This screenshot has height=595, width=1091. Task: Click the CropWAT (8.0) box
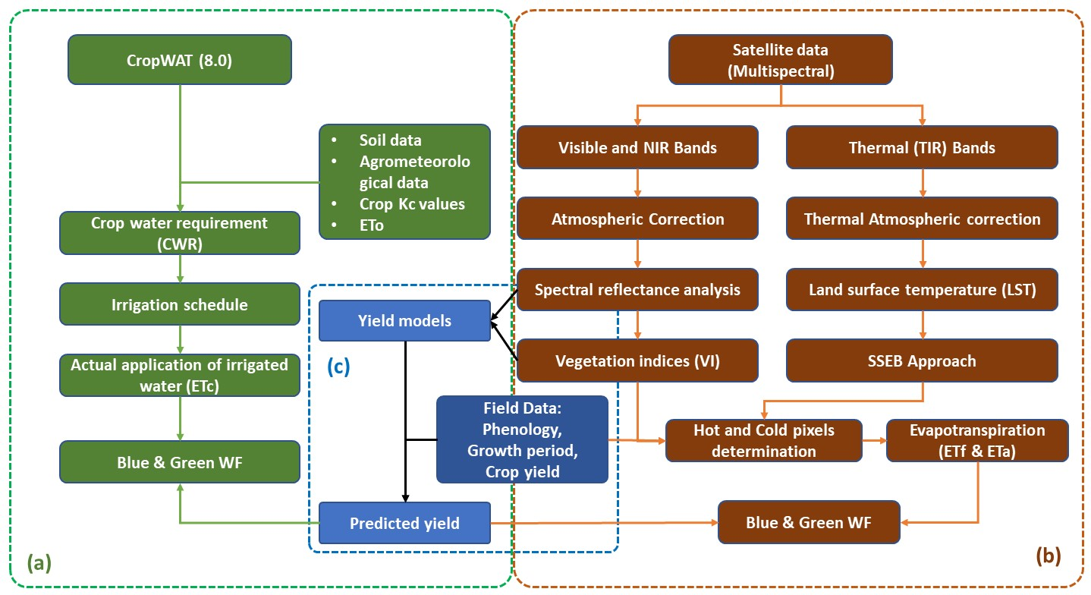click(x=180, y=58)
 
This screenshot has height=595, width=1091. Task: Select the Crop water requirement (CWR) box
click(x=180, y=233)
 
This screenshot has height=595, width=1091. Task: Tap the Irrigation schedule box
click(x=180, y=304)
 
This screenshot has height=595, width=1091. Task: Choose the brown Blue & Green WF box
click(x=809, y=522)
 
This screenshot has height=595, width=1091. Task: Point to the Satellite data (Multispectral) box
click(x=781, y=61)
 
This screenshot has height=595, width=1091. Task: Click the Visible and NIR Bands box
click(x=637, y=148)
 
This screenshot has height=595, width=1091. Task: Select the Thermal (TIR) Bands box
click(x=922, y=148)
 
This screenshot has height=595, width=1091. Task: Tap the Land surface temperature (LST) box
click(x=922, y=290)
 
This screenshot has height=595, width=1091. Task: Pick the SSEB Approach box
click(x=922, y=360)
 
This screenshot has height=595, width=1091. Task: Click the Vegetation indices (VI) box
click(x=637, y=360)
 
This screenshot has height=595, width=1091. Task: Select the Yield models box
click(x=404, y=321)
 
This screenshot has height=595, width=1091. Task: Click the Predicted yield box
click(x=404, y=523)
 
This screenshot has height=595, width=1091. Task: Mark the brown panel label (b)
click(x=1049, y=555)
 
